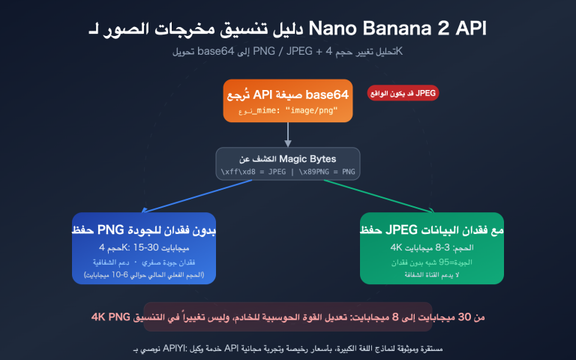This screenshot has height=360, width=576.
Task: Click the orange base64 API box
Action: pyautogui.click(x=288, y=100)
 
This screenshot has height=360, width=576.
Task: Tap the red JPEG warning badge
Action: pyautogui.click(x=403, y=94)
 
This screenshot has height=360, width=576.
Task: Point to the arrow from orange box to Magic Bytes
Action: pyautogui.click(x=288, y=133)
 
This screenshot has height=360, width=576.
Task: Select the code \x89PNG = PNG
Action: pyautogui.click(x=326, y=172)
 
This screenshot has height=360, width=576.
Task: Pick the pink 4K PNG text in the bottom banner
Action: pyautogui.click(x=114, y=318)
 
